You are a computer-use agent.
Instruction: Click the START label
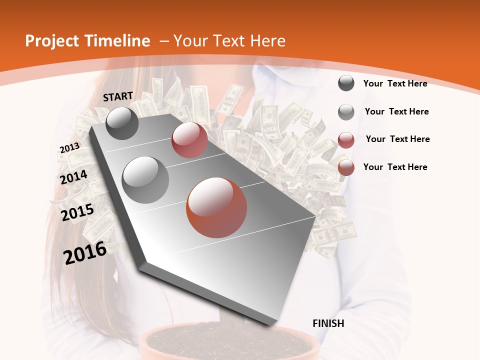pos(118,96)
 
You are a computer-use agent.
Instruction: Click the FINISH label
pos(328,323)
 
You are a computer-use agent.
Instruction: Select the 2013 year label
pos(69,147)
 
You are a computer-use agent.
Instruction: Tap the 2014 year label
pos(74,177)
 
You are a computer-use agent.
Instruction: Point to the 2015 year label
pos(77,212)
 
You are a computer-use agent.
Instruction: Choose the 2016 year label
pos(85,253)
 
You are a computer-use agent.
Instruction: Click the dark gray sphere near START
pos(122,123)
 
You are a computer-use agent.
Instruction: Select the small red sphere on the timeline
pos(189,140)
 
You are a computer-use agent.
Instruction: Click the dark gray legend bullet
pos(346,83)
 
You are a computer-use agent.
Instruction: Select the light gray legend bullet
pos(346,112)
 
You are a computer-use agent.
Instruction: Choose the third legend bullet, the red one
pos(346,140)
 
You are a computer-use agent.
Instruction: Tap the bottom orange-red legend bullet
pos(346,168)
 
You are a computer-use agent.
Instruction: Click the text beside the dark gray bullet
pos(395,83)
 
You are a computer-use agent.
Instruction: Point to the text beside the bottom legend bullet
pos(395,167)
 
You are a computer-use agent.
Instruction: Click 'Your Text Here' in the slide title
pos(229,41)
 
